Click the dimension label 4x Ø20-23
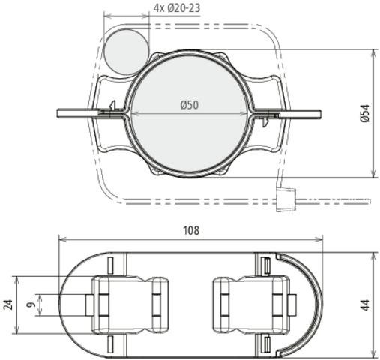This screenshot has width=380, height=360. pos(177,8)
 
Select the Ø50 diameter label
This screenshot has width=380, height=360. pos(190,105)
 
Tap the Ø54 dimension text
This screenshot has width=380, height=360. pos(365,113)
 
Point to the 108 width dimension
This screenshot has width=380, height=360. pos(191,230)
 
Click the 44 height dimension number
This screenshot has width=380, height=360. pos(366,305)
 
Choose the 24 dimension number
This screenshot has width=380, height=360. pos(9,304)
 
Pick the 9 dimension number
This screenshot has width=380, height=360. pos(31,304)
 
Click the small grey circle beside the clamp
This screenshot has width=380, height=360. pos(126,52)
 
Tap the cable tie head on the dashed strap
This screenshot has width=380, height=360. pos(286,199)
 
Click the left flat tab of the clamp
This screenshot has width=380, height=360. pos(77,113)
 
